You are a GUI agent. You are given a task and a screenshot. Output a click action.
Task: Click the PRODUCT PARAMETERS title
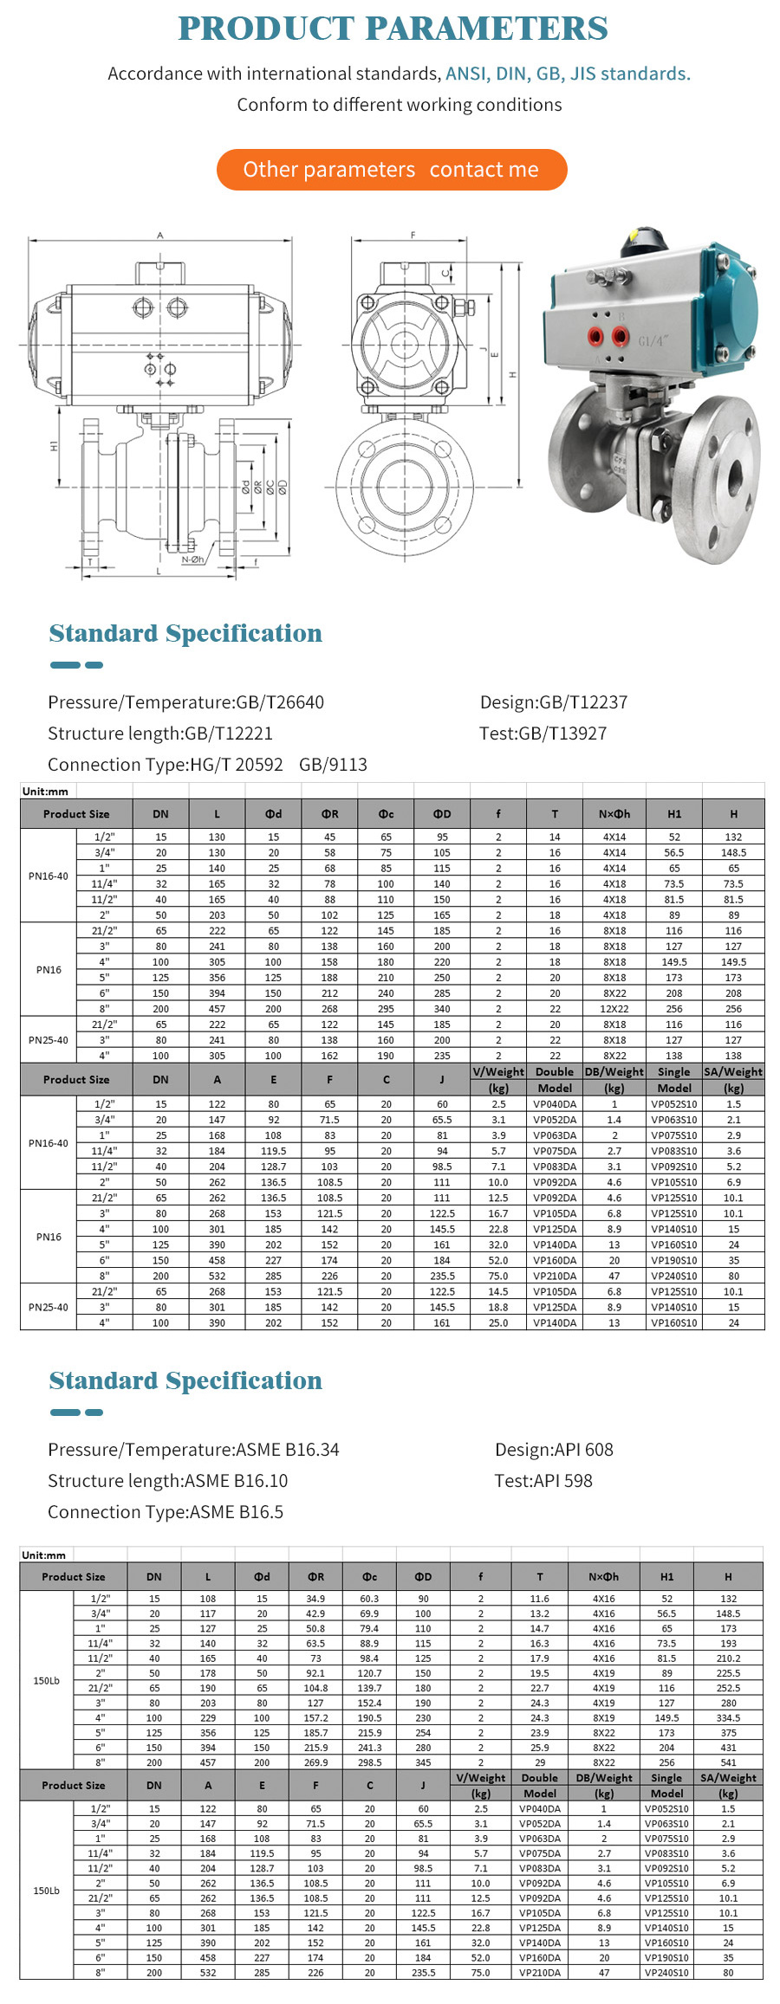pyautogui.click(x=393, y=29)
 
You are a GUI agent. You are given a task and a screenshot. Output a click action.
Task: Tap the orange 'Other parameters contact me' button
pyautogui.click(x=392, y=170)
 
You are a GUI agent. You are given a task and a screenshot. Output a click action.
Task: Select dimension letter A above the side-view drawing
pyautogui.click(x=160, y=235)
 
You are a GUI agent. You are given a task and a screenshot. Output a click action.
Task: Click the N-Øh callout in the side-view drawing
pyautogui.click(x=193, y=559)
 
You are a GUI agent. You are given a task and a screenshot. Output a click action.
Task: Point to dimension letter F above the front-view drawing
pyautogui.click(x=413, y=235)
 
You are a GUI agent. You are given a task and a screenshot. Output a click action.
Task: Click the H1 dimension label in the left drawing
pyautogui.click(x=54, y=445)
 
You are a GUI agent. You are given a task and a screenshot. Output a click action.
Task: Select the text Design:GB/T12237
pyautogui.click(x=554, y=702)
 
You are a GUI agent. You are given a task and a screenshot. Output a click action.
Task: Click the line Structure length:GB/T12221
pyautogui.click(x=160, y=734)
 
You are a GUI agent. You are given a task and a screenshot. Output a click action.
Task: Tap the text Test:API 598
pyautogui.click(x=543, y=1481)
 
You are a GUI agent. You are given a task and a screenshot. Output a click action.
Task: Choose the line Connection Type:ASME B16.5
pyautogui.click(x=166, y=1512)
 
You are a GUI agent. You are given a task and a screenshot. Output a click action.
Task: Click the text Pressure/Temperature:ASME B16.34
pyautogui.click(x=193, y=1450)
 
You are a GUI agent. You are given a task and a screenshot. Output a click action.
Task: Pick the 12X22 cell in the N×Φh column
pyautogui.click(x=614, y=1009)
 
